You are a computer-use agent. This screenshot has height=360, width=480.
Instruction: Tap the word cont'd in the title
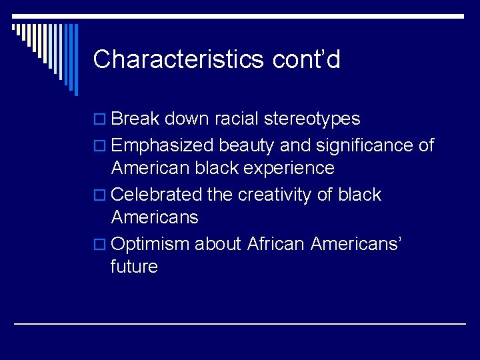(307, 60)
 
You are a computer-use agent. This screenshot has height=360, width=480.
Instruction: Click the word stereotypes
(312, 119)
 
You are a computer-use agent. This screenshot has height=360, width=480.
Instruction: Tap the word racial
(237, 119)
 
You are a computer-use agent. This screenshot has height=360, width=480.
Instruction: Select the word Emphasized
(163, 145)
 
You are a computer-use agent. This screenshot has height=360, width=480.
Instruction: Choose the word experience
(289, 168)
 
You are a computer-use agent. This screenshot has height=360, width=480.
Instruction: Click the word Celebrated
(157, 195)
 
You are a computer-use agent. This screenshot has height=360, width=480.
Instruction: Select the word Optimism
(151, 244)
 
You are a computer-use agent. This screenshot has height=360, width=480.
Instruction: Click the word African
(276, 244)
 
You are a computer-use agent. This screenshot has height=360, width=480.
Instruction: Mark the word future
(135, 267)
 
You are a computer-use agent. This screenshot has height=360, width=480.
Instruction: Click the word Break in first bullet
(135, 119)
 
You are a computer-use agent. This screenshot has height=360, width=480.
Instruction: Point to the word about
(218, 244)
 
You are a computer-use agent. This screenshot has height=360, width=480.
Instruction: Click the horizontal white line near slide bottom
(240, 323)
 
